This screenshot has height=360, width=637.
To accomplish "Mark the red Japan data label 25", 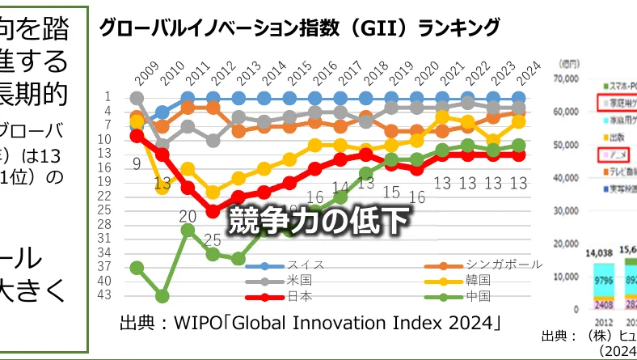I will point(213,240).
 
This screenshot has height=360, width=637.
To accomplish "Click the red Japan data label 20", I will point(188,216).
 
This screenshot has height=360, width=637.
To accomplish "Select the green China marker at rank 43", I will point(162,296).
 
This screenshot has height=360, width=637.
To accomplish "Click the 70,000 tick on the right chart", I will point(568,78).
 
